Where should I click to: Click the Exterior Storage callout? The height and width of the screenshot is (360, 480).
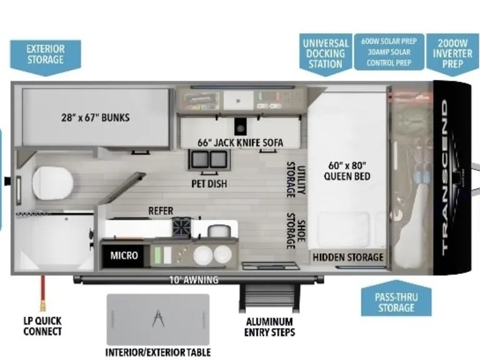point(46,55)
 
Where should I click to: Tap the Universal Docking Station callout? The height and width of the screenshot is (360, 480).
point(326,53)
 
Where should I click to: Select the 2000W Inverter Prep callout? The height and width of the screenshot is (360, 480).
point(452,53)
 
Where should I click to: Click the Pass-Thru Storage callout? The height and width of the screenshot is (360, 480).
point(396,301)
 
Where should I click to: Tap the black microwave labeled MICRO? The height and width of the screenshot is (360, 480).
point(124,255)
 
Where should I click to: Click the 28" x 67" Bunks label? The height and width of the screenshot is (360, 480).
point(96,117)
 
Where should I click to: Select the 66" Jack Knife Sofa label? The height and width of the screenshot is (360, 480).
point(240,142)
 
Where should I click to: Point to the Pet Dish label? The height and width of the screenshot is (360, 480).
point(209,184)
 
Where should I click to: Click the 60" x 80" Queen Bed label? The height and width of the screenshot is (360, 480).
point(348,171)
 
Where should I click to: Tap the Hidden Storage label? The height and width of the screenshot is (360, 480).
point(348,257)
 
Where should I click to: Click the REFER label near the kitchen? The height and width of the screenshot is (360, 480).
point(161,211)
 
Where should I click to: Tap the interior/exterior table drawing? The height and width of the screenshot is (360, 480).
point(157,319)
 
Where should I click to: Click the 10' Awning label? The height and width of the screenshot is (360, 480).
point(192,280)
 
